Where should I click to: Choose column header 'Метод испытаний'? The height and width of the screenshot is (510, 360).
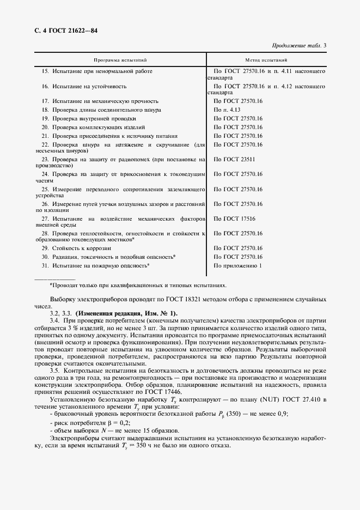[x=266, y=60]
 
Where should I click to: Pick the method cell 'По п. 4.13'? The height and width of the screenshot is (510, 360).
[x=227, y=110]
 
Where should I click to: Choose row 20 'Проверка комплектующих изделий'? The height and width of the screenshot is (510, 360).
[x=93, y=127]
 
